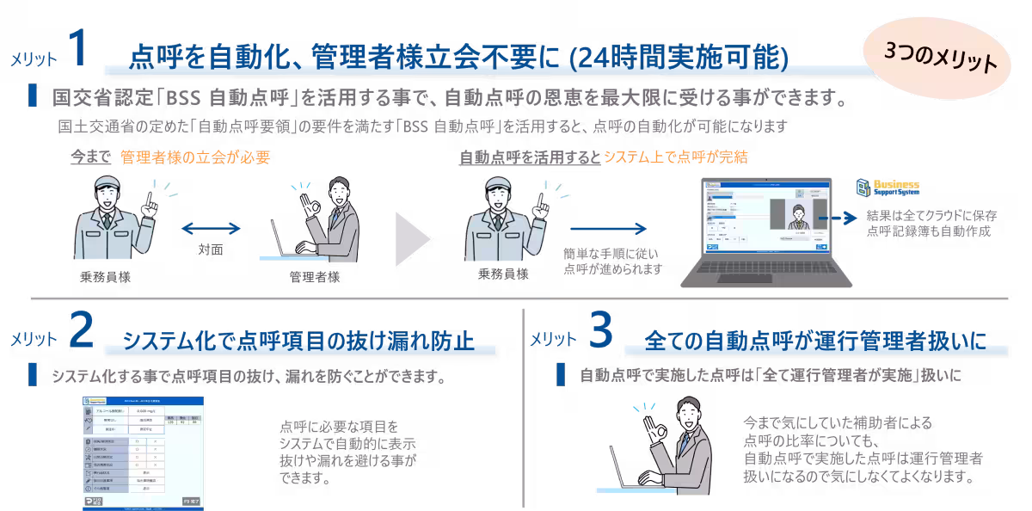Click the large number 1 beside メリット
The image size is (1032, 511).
coord(77,50)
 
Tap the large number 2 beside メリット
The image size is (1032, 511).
coord(79,331)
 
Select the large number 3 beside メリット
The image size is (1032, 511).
coord(600,331)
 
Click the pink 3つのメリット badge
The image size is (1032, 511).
coord(940,62)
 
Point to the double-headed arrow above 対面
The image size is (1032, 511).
coord(211,228)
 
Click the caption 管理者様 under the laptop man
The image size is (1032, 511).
coord(315,277)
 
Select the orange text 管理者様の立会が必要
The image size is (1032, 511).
coord(195,157)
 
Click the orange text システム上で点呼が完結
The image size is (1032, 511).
coord(675,157)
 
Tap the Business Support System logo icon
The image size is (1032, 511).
coord(863,188)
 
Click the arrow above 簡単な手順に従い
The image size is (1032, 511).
coord(608,228)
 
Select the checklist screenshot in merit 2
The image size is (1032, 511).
coord(144,453)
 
